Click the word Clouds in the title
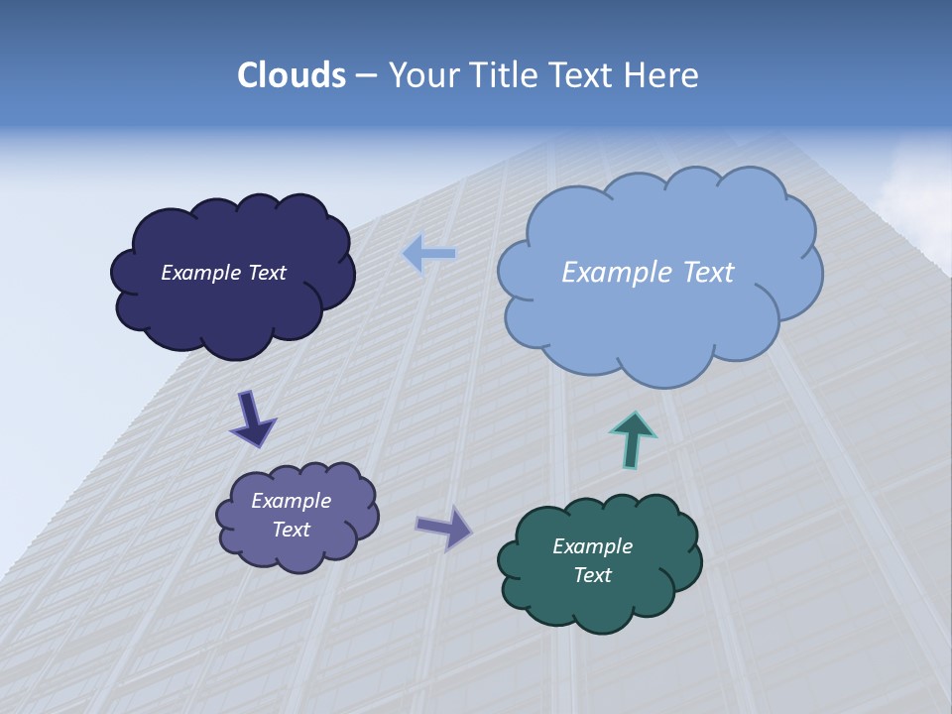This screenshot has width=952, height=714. pos(292,75)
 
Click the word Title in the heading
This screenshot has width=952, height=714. pos(502,75)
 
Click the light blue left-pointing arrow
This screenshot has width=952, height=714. pos(428,254)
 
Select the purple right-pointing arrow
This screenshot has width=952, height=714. pos(444,528)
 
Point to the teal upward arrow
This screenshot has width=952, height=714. pos(633,439)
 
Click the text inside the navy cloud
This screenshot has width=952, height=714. pos(223,273)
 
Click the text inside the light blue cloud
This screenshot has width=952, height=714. pos(648,273)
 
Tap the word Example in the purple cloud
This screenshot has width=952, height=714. pos(291,501)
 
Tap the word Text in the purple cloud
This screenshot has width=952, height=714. pos(291,530)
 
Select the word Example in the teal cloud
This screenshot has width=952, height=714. pos(592,546)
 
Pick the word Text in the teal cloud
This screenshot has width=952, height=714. pos(592,575)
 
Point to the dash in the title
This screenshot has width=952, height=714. pos(365,76)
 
